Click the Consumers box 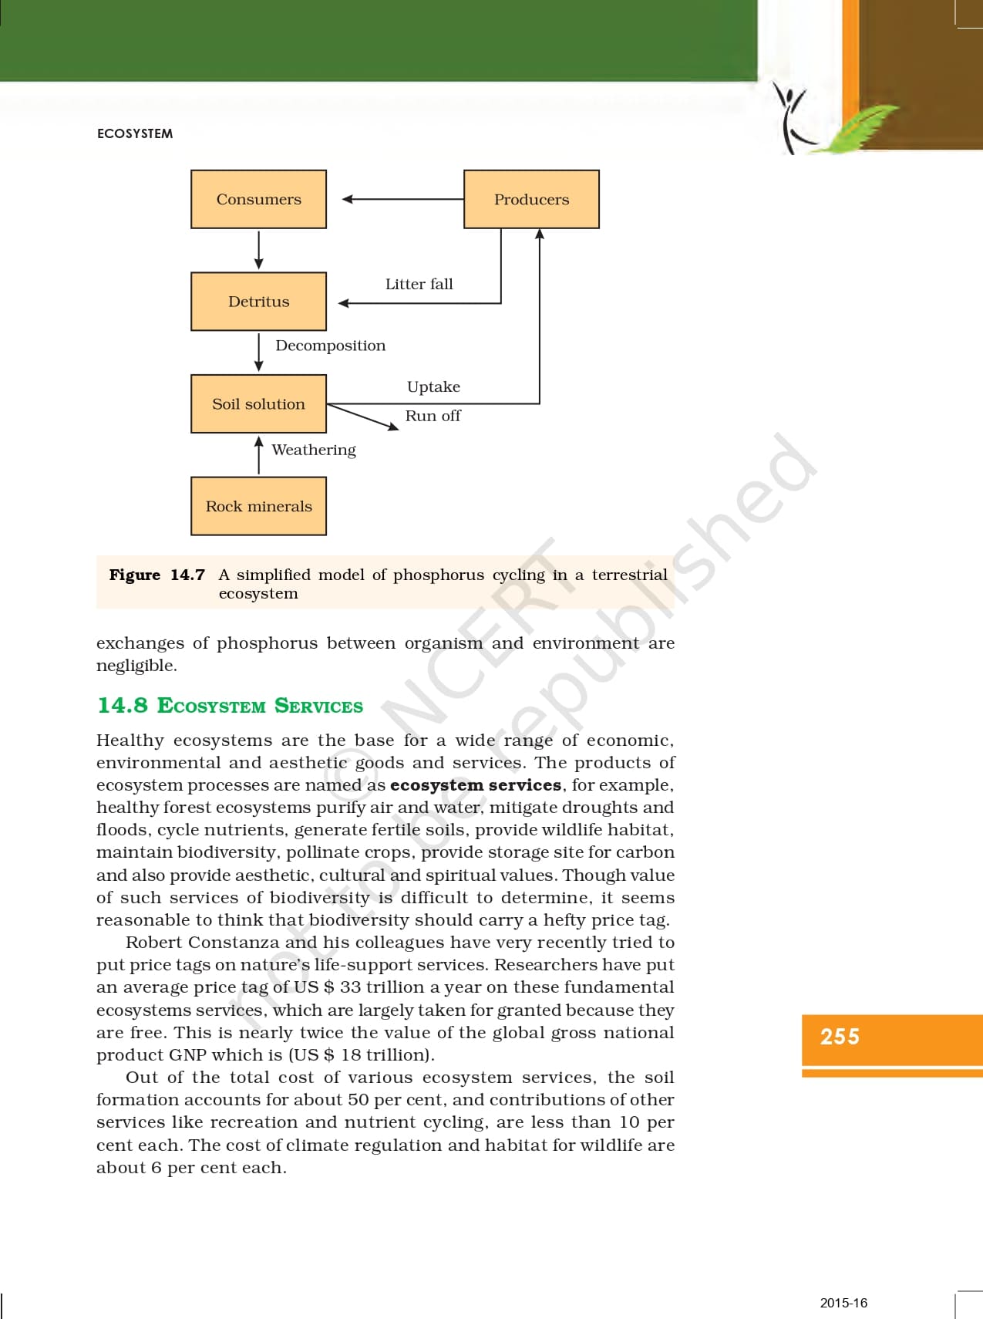[258, 199]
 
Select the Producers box [531, 199]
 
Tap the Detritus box [258, 302]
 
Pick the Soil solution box [258, 403]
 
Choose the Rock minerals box [258, 506]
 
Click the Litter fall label [419, 284]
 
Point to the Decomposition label [330, 346]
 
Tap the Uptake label [433, 386]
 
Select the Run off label [433, 416]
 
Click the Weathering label [314, 450]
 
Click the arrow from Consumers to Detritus [259, 249]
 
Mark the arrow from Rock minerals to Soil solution [259, 456]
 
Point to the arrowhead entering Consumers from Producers [348, 199]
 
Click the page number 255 [840, 1037]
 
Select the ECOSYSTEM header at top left [135, 133]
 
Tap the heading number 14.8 [122, 705]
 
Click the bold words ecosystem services [476, 784]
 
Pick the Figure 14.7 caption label [157, 575]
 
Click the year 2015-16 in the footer [843, 1303]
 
